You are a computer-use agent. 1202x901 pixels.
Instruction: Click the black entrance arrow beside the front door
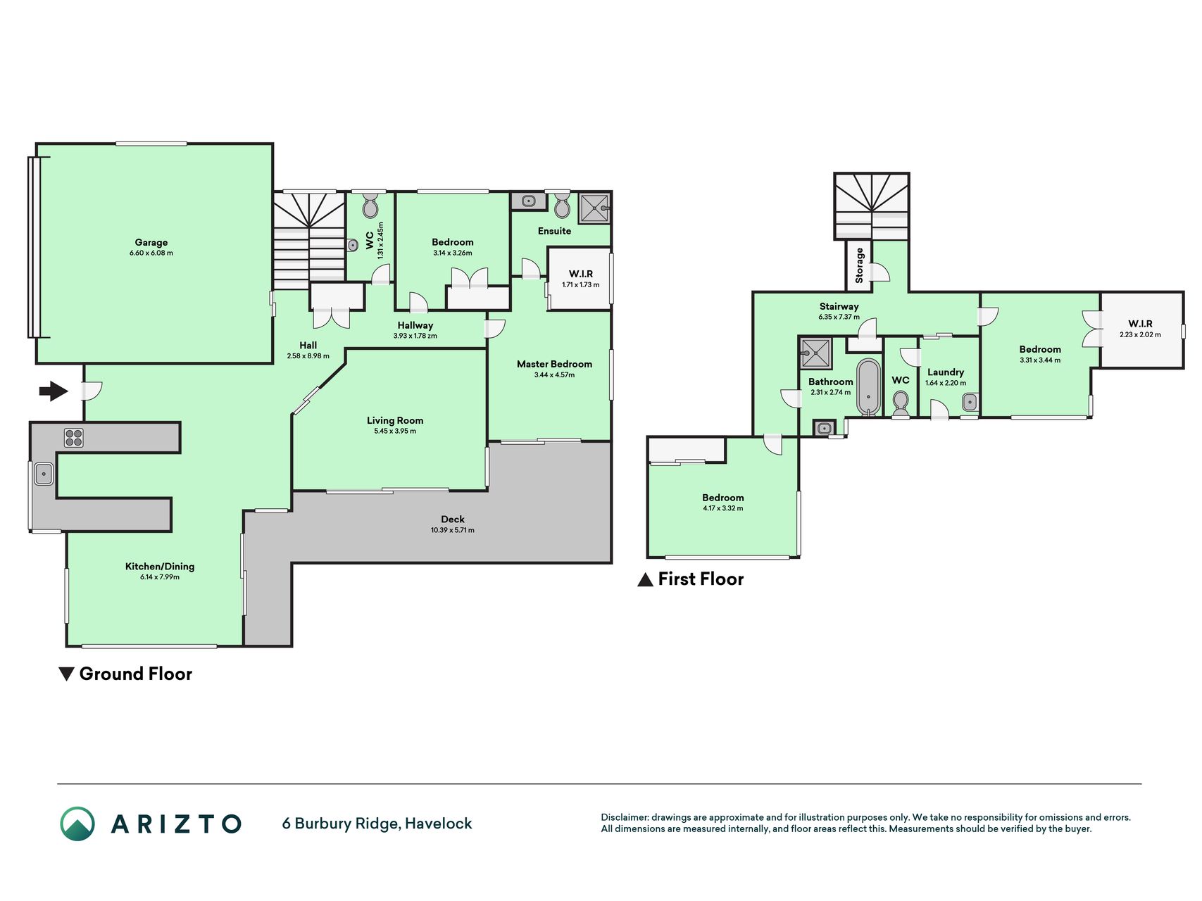coord(54,391)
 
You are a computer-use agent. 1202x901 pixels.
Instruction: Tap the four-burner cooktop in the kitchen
coord(74,438)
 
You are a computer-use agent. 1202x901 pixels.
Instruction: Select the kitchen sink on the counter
coord(44,474)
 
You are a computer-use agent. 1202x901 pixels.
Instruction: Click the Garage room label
coord(151,242)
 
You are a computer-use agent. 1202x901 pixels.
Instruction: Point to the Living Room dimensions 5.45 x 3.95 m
coord(395,431)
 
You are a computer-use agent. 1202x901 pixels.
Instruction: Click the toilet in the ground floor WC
coord(370,206)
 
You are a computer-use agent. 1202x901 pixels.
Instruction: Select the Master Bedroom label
coord(554,364)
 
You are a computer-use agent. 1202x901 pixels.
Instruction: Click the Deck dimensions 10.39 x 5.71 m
coord(453,530)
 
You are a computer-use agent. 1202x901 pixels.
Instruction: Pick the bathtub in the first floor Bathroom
coord(868,387)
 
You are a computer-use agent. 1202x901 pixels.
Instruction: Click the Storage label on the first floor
coord(859,265)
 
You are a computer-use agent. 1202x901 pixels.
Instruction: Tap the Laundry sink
coord(970,403)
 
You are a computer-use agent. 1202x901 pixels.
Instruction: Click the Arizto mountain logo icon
coord(77,824)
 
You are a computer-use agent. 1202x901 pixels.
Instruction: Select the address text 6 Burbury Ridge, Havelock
coord(377,824)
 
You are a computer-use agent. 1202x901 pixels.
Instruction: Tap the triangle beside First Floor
coord(645,579)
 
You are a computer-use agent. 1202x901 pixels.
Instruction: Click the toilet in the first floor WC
coord(901,405)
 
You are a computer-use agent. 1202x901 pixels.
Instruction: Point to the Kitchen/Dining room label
coord(160,566)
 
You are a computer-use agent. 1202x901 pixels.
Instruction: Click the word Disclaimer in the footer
coord(624,817)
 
